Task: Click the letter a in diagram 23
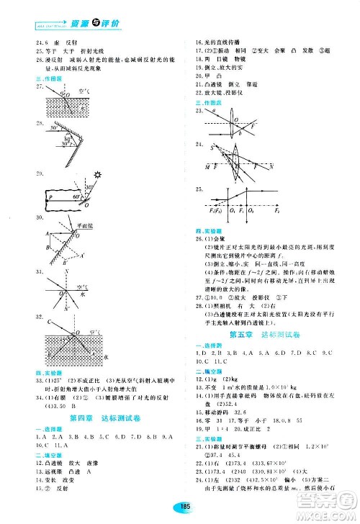pyautogui.click(x=214, y=112)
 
